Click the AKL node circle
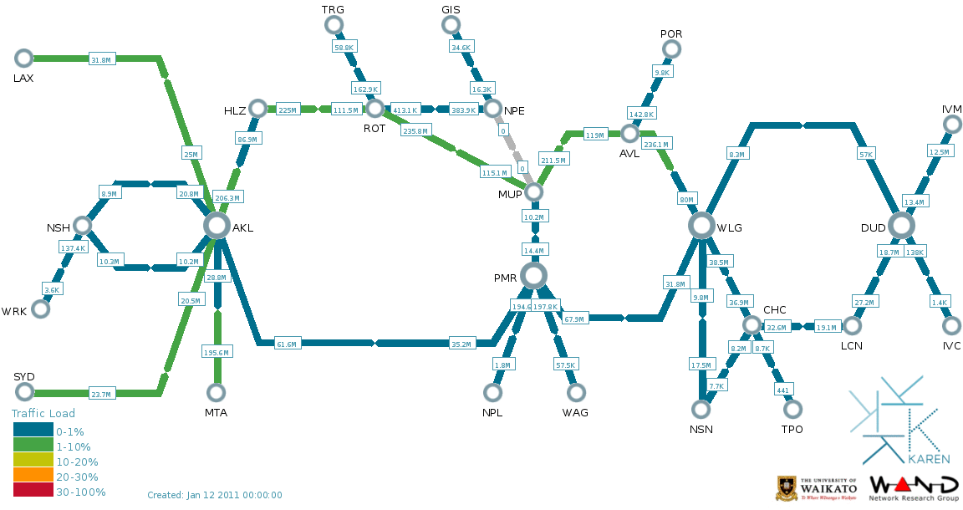pos(217,225)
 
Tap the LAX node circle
pos(23,58)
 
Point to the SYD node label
pos(24,376)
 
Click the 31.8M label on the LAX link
pos(101,59)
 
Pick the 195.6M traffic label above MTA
pos(217,353)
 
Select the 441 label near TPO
pos(783,390)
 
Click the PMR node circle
pos(533,275)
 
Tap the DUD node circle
pos(901,225)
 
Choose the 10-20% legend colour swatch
pos(33,462)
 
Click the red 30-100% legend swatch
pos(33,492)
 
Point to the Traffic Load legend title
pos(43,413)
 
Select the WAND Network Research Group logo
pos(914,488)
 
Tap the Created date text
pos(215,495)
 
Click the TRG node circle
pos(334,24)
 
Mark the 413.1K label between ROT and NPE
pos(405,110)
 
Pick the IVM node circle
pos(951,125)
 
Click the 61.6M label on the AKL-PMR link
pos(288,344)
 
